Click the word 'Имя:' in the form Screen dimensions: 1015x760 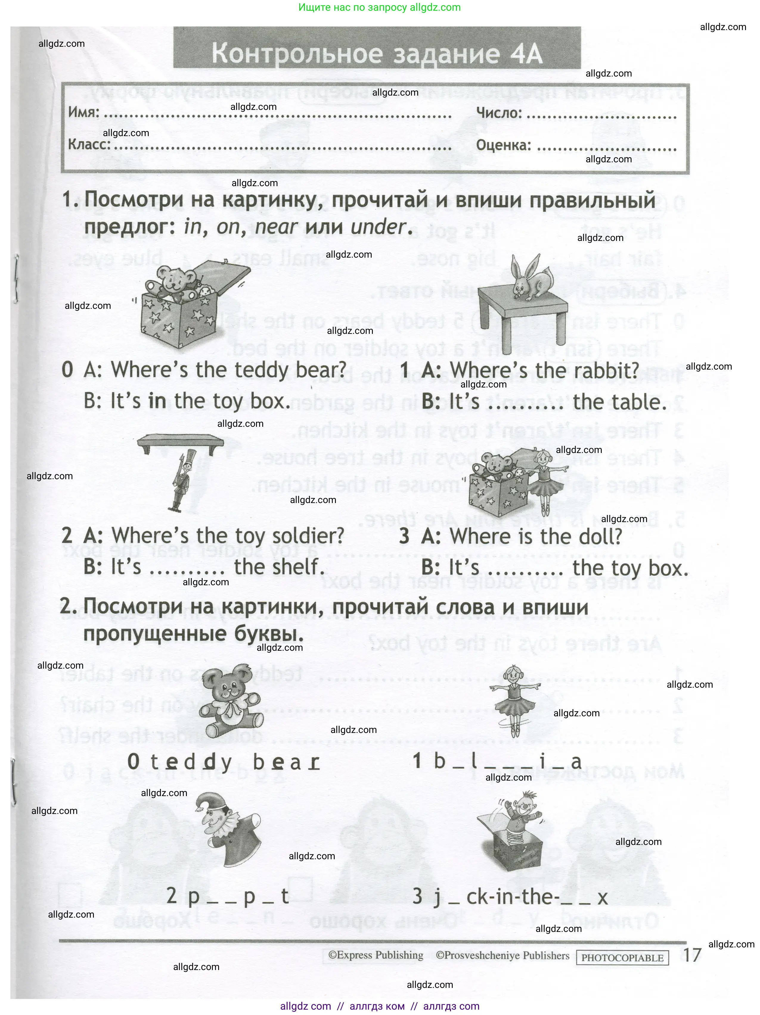[x=83, y=112]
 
